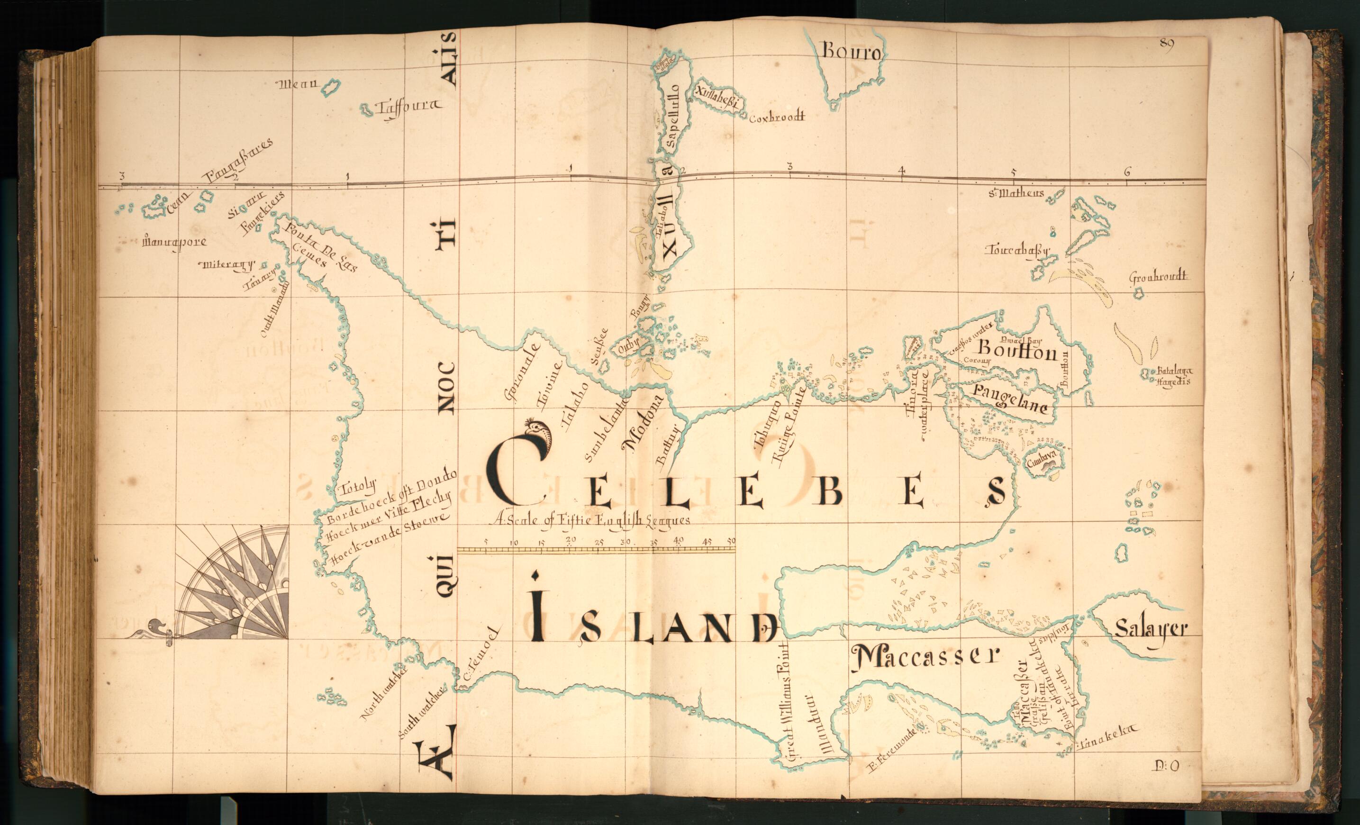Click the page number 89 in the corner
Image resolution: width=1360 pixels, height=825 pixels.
click(1166, 44)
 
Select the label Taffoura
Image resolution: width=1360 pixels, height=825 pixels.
click(408, 108)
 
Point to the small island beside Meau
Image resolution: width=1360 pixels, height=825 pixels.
click(331, 87)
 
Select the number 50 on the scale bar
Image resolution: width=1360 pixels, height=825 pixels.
click(731, 541)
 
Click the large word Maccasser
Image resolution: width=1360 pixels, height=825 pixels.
click(925, 657)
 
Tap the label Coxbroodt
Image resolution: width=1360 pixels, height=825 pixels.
click(777, 117)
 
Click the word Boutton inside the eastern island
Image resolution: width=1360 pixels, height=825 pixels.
click(1017, 350)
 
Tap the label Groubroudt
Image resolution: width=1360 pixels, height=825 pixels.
click(1158, 277)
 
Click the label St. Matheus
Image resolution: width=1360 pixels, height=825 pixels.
click(1016, 193)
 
